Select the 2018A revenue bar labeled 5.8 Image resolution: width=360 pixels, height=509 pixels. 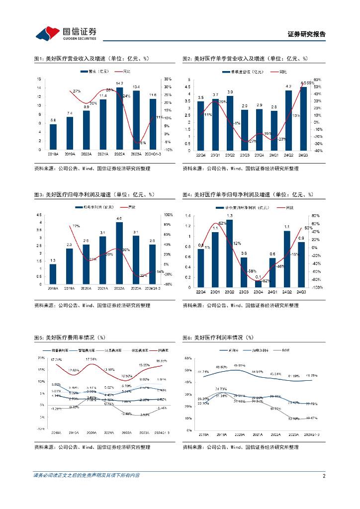point(53,137)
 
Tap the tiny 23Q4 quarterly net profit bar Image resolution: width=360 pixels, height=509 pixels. point(259,284)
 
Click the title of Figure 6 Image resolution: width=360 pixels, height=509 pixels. point(218,338)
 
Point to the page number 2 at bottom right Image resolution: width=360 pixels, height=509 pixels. point(324,476)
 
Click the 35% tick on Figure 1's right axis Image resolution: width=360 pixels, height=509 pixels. point(167,79)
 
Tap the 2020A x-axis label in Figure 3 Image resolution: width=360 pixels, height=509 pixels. point(86,289)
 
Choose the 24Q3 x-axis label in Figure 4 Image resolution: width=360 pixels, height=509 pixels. point(301,292)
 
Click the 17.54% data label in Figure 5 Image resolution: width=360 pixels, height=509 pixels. point(90,359)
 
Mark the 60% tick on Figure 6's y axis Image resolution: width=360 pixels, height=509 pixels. point(187,358)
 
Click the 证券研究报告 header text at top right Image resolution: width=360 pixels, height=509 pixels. point(307,34)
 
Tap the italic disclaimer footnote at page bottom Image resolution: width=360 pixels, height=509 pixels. point(87,476)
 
